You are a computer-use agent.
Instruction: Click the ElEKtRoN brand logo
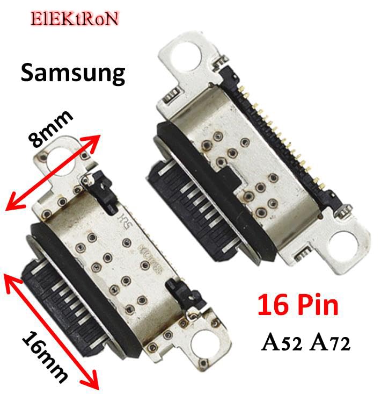74,18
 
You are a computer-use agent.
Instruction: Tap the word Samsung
73,73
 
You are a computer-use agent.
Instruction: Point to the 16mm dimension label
46,356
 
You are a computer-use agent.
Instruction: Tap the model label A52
284,342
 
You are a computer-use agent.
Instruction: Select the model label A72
331,342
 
